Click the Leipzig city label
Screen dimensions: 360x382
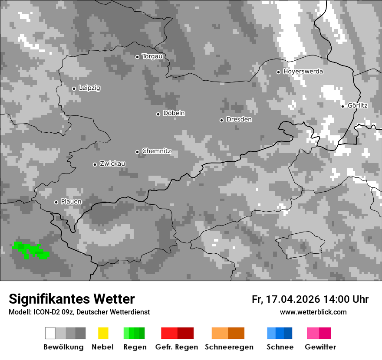[89, 88]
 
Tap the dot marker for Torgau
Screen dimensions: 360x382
[137, 57]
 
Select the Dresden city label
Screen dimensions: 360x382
[239, 120]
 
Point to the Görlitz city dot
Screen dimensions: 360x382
[342, 106]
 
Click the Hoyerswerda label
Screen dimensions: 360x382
[303, 72]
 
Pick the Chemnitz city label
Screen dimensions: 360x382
[156, 151]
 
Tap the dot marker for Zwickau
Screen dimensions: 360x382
[95, 164]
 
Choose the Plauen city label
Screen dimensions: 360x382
[71, 202]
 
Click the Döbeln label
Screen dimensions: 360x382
[174, 113]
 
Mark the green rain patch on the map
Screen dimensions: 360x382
[30, 250]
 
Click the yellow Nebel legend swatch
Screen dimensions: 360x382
[103, 333]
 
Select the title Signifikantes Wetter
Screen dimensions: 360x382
[72, 299]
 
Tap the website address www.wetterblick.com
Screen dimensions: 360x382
[313, 312]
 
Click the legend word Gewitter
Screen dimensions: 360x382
[320, 347]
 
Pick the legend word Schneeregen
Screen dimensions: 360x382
[229, 347]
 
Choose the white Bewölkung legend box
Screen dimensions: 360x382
[50, 333]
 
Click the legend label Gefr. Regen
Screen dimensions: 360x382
[176, 347]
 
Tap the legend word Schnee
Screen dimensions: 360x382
[280, 347]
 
